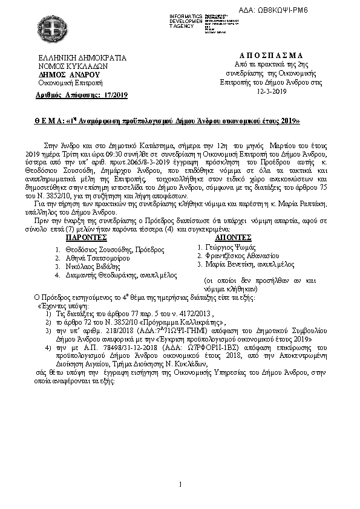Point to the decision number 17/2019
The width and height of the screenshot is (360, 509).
tap(115, 96)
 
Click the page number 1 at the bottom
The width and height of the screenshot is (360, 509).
tap(180, 483)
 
